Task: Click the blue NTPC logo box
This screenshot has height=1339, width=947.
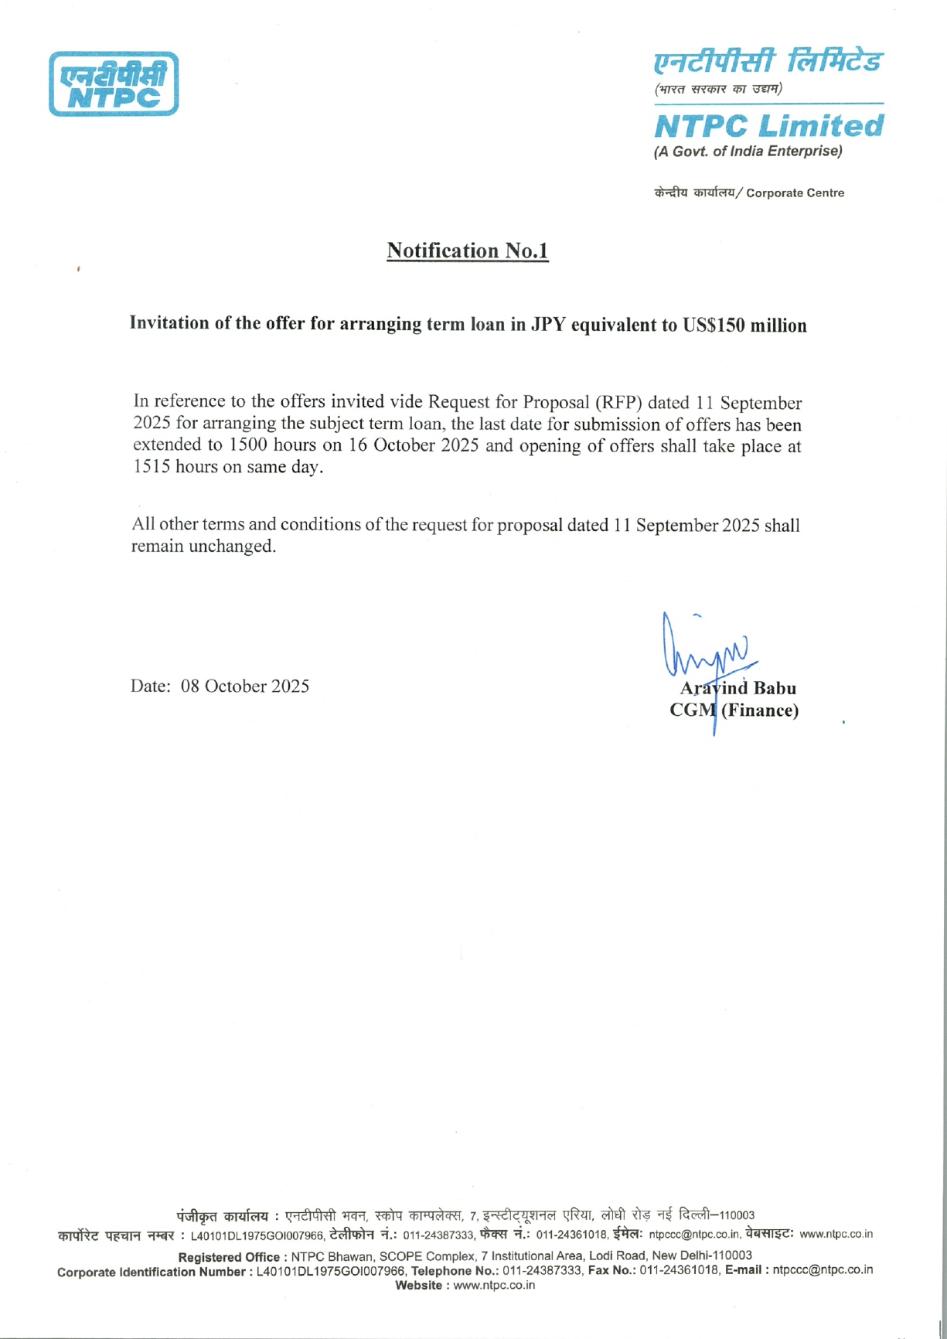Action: coord(114,84)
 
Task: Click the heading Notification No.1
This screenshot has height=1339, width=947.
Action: coord(467,250)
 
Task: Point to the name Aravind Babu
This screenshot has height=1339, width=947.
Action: coord(738,688)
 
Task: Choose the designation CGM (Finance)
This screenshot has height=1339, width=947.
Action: coord(734,710)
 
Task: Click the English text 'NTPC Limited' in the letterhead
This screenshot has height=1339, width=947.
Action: coord(768,126)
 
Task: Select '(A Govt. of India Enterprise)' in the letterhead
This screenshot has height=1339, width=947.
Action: coord(748,152)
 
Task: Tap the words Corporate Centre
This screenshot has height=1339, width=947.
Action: coord(795,193)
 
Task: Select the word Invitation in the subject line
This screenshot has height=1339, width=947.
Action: coord(169,323)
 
